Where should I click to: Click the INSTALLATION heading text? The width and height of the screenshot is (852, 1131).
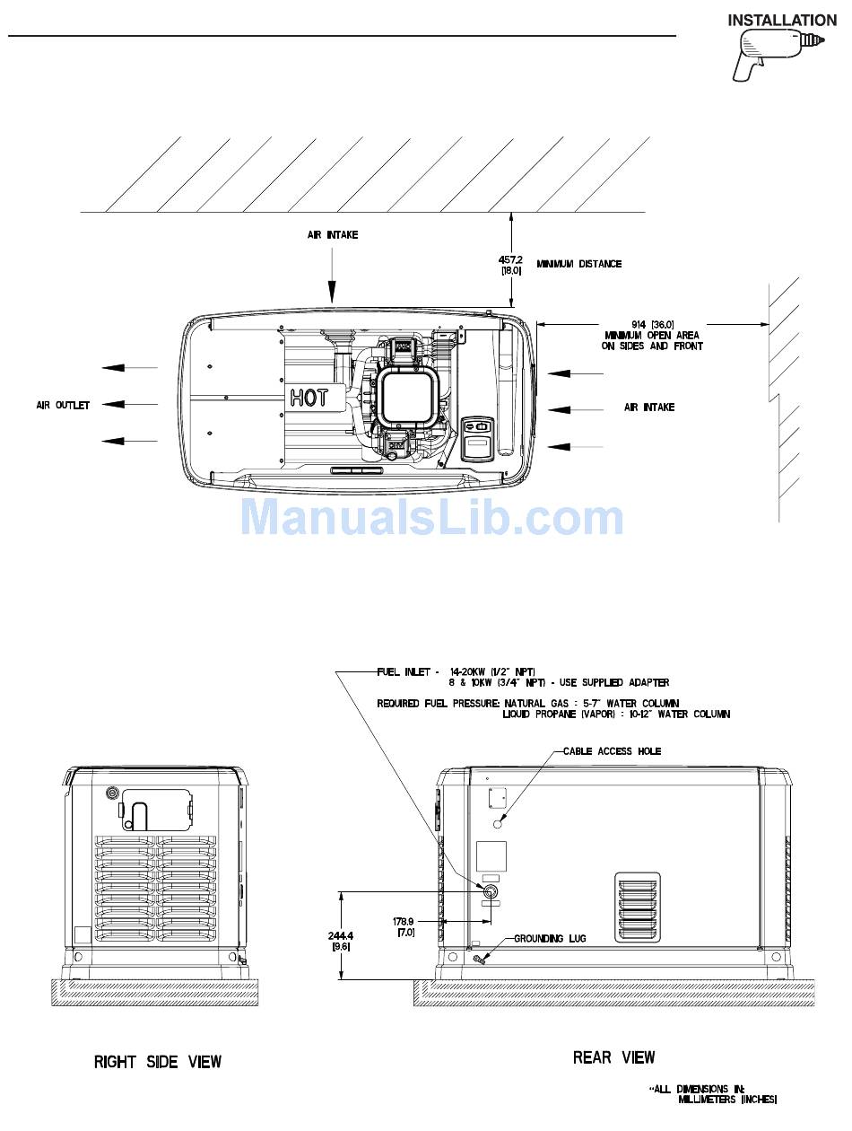tap(781, 21)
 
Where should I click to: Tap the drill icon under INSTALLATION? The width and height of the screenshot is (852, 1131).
tap(778, 55)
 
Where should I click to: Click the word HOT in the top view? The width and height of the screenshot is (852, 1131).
tap(308, 398)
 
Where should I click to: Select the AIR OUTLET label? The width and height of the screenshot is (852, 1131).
tap(63, 406)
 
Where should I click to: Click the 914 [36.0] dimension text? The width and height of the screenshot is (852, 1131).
tap(652, 325)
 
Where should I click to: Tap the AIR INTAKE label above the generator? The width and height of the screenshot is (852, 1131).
tap(333, 235)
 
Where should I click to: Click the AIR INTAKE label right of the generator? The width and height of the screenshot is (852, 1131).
tap(649, 407)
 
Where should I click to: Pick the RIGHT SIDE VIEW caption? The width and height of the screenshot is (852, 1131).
tap(158, 1062)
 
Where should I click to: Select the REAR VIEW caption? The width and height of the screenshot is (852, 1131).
tap(613, 1057)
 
